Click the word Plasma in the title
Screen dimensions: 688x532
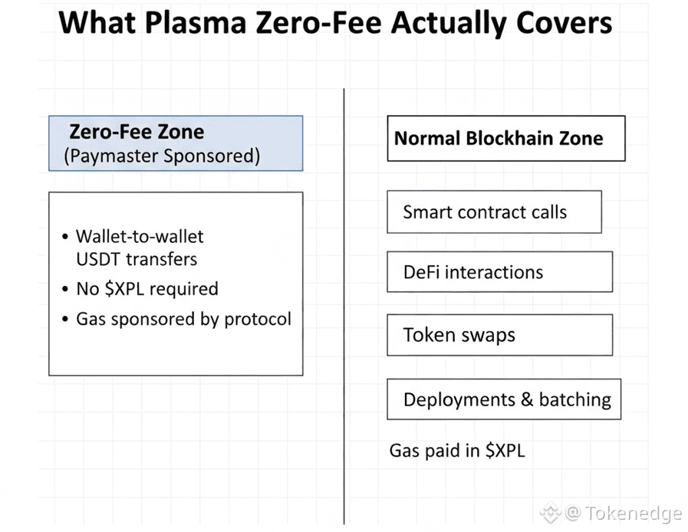[x=196, y=23]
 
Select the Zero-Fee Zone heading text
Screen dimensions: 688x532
[x=137, y=132]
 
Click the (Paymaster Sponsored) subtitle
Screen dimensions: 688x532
[x=162, y=156]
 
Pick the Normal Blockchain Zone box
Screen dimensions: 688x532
[x=506, y=138]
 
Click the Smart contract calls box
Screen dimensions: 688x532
[x=494, y=212]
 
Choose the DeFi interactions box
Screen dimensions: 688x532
[x=500, y=272]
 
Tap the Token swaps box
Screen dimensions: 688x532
[x=500, y=335]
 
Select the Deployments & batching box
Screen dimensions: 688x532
[x=504, y=399]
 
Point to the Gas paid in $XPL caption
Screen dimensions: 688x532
[x=457, y=451]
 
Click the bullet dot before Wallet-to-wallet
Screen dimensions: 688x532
[x=65, y=237]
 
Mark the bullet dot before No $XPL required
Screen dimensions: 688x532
[x=65, y=289]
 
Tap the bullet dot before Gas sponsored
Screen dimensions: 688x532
[x=65, y=319]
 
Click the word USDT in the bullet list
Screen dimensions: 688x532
[x=98, y=259]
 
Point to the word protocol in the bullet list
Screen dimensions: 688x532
[x=258, y=320]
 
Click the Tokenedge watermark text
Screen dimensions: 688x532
[x=633, y=513]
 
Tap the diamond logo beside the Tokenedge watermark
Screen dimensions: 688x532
[x=550, y=512]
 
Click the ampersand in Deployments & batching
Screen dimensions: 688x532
[x=526, y=399]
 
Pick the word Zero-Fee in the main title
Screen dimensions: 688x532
[x=318, y=23]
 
